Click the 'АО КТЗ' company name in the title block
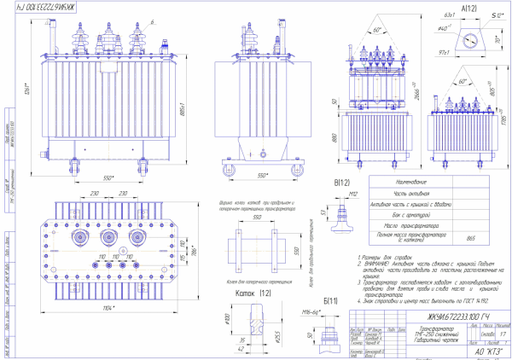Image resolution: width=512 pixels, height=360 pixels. tap(480, 351)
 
